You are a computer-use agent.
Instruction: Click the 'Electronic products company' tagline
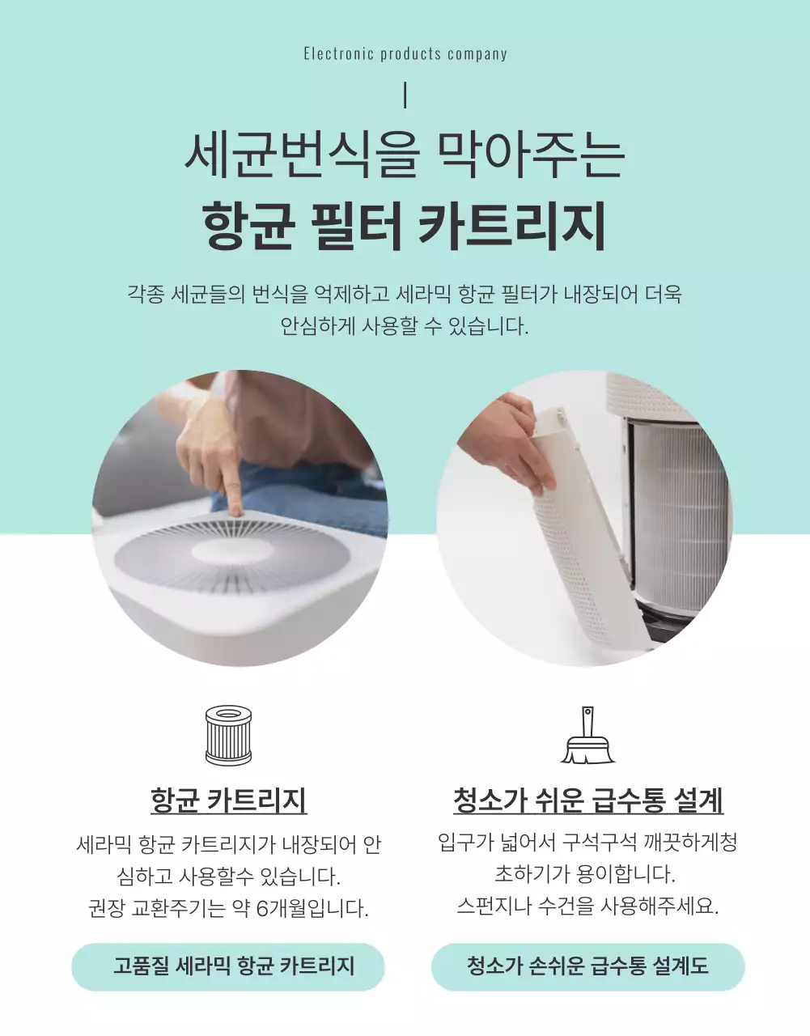tap(405, 54)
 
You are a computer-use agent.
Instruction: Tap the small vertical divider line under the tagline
tap(405, 96)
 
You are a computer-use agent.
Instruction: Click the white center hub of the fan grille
tap(221, 554)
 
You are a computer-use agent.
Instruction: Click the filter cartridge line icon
tap(228, 735)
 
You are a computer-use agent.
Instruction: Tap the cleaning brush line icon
tap(587, 737)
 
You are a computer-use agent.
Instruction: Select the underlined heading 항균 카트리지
tap(228, 800)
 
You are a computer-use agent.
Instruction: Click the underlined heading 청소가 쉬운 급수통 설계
tap(587, 800)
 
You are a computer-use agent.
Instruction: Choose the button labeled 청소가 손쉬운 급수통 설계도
tap(587, 966)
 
